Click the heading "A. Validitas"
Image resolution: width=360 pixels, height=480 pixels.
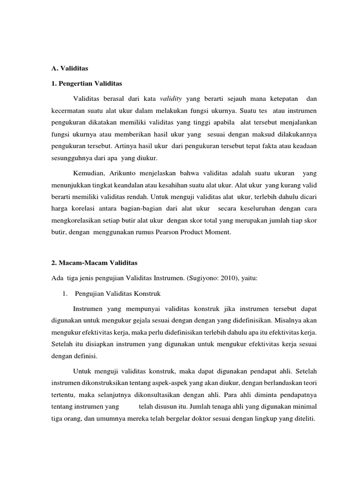69,68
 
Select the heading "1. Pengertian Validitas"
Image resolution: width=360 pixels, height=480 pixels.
86,83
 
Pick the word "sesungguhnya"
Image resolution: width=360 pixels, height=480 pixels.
71,157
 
